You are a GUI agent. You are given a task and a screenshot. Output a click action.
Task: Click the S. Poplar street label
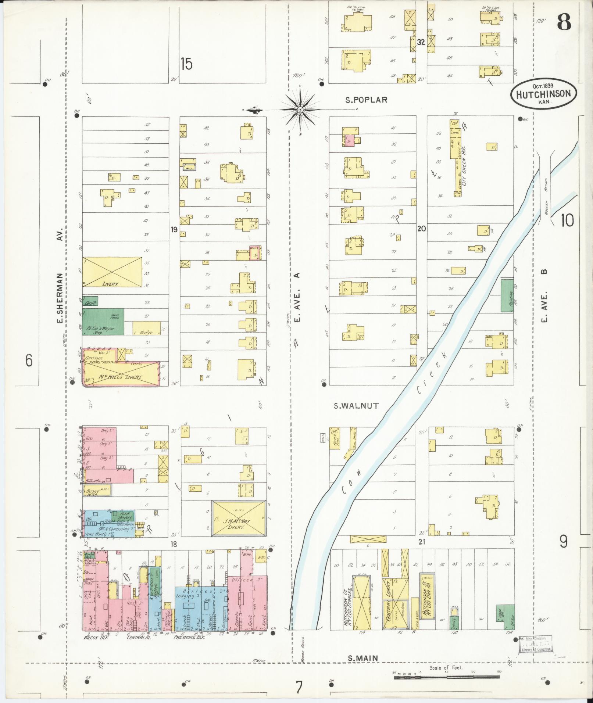[x=367, y=99]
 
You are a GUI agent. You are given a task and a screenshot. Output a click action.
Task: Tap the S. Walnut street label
[x=356, y=406]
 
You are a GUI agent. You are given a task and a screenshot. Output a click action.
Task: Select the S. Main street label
[x=363, y=658]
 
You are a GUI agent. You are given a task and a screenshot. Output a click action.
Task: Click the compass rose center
[x=300, y=110]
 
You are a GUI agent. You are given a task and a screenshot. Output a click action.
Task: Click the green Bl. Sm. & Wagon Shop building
[x=103, y=322]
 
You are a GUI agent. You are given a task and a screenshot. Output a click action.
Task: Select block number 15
[x=186, y=64]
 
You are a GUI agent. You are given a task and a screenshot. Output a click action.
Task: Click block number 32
[x=421, y=42]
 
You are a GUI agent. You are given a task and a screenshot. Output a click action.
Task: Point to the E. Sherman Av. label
[x=60, y=276]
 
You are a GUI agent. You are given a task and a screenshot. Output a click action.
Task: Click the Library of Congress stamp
[x=536, y=646]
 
